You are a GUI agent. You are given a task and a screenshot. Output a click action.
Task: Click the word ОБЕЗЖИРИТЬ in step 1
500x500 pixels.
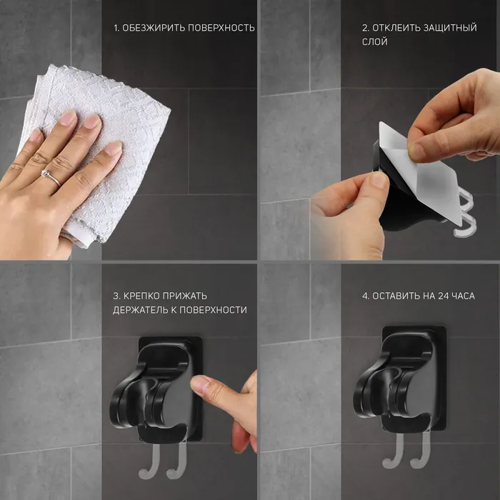click(x=154, y=28)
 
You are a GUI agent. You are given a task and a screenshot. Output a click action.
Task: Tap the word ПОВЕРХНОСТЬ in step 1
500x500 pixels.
click(x=221, y=28)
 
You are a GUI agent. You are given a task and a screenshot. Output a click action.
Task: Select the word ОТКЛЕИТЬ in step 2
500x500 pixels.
click(x=396, y=28)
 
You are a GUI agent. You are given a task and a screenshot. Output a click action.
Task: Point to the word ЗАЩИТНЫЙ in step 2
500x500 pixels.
click(x=450, y=28)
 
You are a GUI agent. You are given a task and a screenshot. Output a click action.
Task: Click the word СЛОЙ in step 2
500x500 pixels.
click(x=375, y=41)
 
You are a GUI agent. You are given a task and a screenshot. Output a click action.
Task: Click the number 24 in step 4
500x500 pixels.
click(x=444, y=296)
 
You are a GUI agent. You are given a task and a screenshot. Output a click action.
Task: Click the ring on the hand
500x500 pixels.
click(x=51, y=177)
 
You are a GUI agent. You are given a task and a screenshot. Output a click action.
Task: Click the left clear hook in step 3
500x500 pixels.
click(x=149, y=462)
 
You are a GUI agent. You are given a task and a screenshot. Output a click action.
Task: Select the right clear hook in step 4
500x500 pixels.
click(x=421, y=450)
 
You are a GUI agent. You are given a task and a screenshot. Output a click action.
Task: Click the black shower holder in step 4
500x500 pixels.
click(x=399, y=380)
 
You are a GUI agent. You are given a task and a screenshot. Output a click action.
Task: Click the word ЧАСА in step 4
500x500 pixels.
click(x=464, y=296)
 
